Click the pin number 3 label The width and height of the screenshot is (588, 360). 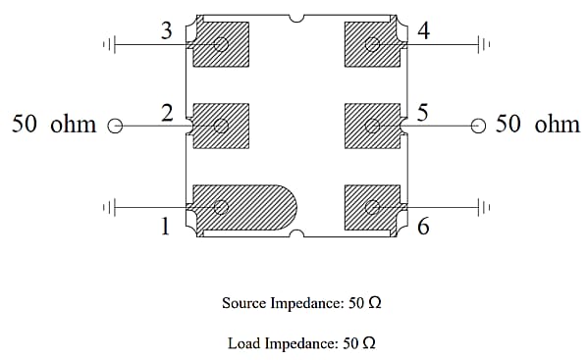167,30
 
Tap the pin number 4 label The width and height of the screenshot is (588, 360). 424,30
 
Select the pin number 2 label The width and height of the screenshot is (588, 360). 167,113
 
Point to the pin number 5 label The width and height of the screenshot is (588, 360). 423,113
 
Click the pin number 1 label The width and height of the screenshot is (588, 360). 165,227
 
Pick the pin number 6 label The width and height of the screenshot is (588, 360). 423,227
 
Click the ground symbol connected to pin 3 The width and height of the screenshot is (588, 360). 109,44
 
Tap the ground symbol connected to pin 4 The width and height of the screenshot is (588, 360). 484,44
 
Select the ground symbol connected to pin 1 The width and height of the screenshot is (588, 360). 109,207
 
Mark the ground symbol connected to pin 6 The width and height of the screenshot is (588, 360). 484,207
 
